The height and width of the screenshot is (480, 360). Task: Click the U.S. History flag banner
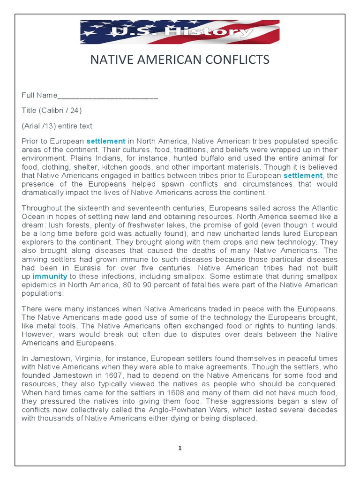pos(180,32)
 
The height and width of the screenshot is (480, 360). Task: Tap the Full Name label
pos(39,96)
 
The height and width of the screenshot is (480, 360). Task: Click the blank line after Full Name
pos(107,97)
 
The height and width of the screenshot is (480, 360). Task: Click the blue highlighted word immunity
pos(49,277)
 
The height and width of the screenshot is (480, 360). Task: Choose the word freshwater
pos(141,225)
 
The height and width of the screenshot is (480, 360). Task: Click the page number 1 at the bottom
pos(180,449)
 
